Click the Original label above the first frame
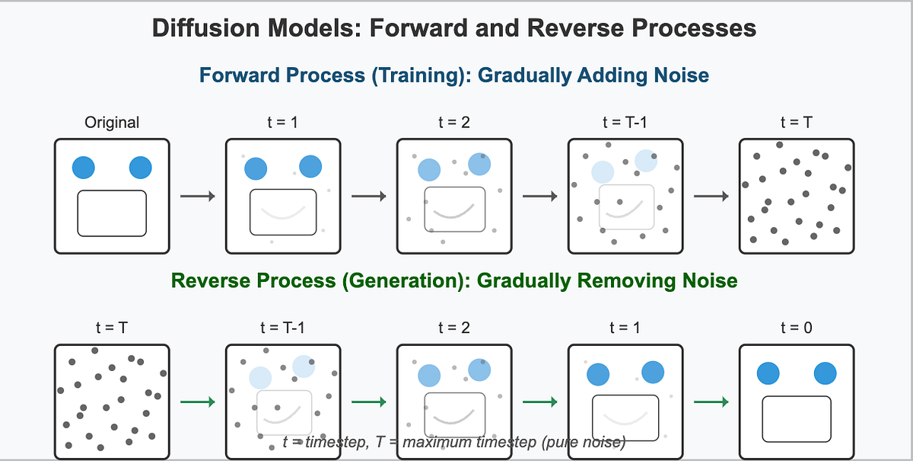pos(112,122)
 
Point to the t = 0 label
pos(796,328)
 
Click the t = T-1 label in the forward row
pos(625,122)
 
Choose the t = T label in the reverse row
pos(112,328)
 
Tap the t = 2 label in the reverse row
pos(453,328)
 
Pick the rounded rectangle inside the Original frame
pos(112,213)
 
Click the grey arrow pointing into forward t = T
pos(711,197)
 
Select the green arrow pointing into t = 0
pos(711,402)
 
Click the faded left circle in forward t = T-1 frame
pos(603,172)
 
